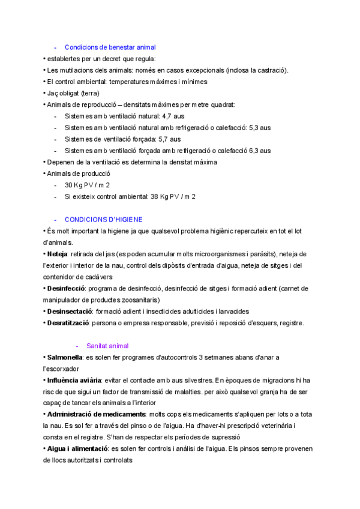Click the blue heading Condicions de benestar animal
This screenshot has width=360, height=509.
[110, 47]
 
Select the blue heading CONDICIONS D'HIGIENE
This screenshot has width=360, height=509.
[103, 220]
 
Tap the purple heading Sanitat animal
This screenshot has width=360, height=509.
[107, 346]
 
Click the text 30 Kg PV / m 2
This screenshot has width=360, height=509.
[87, 185]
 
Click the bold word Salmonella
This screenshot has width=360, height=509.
[65, 358]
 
